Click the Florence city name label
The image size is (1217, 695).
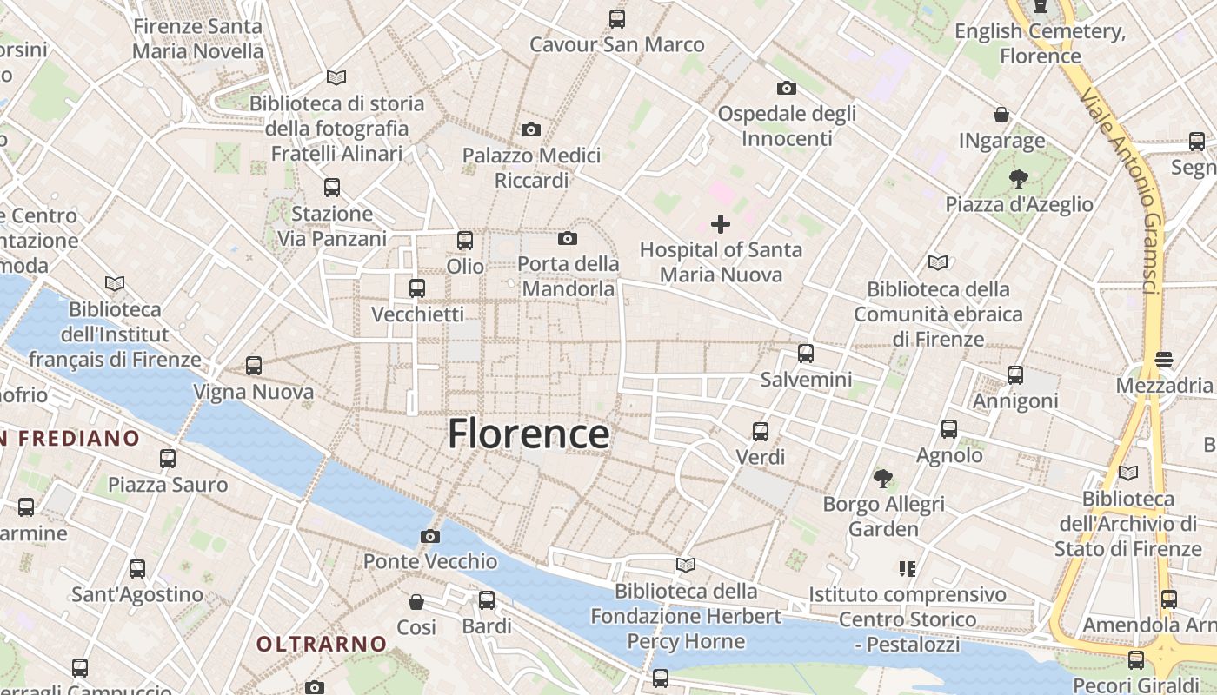pyautogui.click(x=528, y=434)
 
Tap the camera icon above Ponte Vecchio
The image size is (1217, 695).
pyautogui.click(x=429, y=536)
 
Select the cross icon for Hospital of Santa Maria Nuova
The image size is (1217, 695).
pyautogui.click(x=721, y=224)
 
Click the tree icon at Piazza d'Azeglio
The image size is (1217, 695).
pyautogui.click(x=1018, y=179)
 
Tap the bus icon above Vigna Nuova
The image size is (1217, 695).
pyautogui.click(x=253, y=366)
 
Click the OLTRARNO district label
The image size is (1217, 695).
pyautogui.click(x=322, y=644)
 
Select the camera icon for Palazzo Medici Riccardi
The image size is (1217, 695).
pyautogui.click(x=530, y=130)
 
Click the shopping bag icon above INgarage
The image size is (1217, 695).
pyautogui.click(x=1001, y=115)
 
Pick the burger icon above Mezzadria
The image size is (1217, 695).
pyautogui.click(x=1164, y=359)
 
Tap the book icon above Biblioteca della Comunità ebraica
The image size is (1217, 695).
pyautogui.click(x=937, y=262)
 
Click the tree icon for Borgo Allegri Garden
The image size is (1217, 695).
pyautogui.click(x=883, y=478)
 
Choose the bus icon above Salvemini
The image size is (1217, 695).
pyautogui.click(x=806, y=354)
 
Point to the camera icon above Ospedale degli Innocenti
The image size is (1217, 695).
pyautogui.click(x=786, y=88)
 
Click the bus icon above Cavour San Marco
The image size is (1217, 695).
pyautogui.click(x=617, y=18)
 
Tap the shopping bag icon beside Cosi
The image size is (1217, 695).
pyautogui.click(x=416, y=601)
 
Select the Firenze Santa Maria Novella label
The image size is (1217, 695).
pyautogui.click(x=197, y=38)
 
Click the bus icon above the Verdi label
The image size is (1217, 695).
pyautogui.click(x=761, y=431)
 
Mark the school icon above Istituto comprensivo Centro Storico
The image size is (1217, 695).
pyautogui.click(x=908, y=569)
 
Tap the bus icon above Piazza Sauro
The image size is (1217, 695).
pyautogui.click(x=168, y=458)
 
